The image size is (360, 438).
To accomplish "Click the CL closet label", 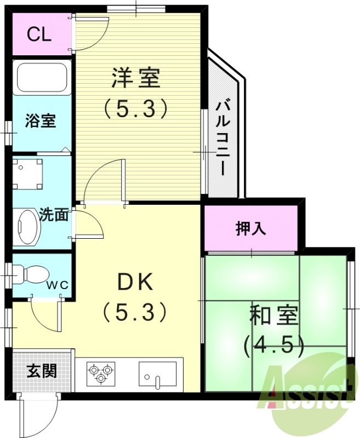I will pyautogui.click(x=39, y=34).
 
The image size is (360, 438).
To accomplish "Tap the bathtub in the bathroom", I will pyautogui.click(x=42, y=78).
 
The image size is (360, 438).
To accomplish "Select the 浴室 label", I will pyautogui.click(x=41, y=120).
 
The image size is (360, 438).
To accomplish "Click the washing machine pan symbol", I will pyautogui.click(x=28, y=171).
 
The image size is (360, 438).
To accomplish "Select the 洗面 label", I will pyautogui.click(x=54, y=215).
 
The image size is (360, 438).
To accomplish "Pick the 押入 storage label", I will pyautogui.click(x=251, y=228).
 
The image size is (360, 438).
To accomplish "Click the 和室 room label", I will pyautogui.click(x=273, y=315).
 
